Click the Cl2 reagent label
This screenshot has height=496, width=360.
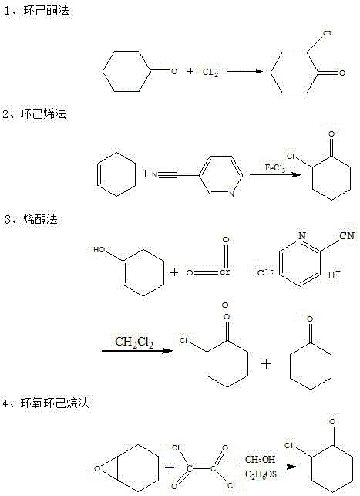tap(211, 73)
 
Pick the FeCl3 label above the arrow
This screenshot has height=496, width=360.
tap(277, 167)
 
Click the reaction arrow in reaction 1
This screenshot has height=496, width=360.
tap(247, 72)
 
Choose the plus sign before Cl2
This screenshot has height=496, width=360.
tap(190, 72)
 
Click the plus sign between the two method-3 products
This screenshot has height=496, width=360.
tap(267, 363)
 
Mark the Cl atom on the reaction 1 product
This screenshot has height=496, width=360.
tap(327, 34)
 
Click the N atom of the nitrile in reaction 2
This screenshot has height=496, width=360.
tap(155, 176)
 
